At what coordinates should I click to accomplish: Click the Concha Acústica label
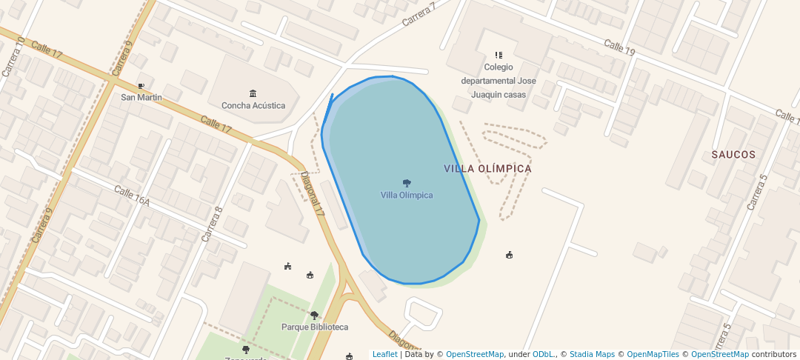[x=253, y=105]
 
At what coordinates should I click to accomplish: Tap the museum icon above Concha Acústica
[x=253, y=93]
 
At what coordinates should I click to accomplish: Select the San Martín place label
[x=141, y=97]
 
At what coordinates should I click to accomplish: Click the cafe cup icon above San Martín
[x=141, y=86]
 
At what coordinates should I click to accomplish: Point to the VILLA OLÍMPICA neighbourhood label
[x=487, y=169]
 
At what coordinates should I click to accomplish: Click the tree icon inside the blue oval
[x=407, y=183]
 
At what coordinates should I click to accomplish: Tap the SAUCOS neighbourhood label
[x=733, y=155]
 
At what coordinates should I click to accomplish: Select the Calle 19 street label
[x=619, y=47]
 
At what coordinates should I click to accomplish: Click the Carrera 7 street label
[x=419, y=14]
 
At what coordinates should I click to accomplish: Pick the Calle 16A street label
[x=132, y=196]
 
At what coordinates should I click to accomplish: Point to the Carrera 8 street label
[x=212, y=224]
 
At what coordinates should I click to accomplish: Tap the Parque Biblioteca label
[x=315, y=327]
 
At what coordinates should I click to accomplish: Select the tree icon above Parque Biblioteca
[x=314, y=316]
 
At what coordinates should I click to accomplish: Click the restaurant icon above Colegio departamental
[x=499, y=55]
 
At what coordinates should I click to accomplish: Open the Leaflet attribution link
[x=384, y=354]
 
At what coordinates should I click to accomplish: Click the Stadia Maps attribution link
[x=593, y=354]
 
